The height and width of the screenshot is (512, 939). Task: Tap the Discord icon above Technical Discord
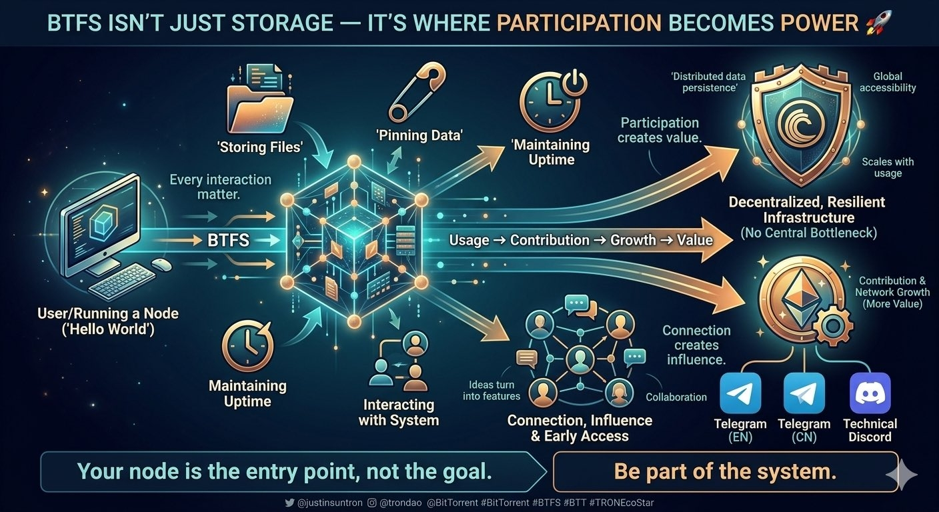click(870, 393)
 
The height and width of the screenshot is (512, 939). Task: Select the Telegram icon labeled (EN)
click(740, 393)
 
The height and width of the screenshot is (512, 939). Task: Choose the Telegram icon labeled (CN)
click(804, 393)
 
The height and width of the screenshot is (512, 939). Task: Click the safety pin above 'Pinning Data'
click(417, 93)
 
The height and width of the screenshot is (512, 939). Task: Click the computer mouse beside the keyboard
click(161, 265)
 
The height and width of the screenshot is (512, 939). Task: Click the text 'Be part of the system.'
click(725, 471)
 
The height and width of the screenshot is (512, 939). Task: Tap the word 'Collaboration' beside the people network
click(676, 397)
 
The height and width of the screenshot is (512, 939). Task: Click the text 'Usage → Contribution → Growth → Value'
click(581, 240)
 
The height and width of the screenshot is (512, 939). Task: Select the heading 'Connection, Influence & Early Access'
click(580, 428)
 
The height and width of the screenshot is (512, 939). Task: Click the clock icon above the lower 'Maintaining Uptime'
click(247, 346)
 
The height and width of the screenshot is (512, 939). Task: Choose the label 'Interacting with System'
click(399, 413)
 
